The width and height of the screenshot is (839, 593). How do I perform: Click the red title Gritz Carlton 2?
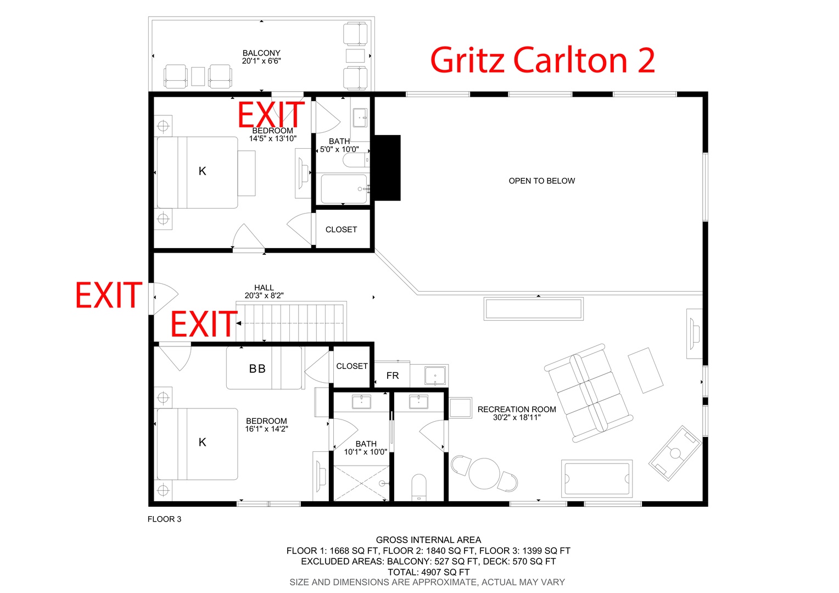[542, 60]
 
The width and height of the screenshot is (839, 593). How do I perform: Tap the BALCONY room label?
[261, 53]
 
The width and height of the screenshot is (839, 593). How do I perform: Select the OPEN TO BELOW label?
[541, 181]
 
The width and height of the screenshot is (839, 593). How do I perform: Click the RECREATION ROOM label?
[517, 410]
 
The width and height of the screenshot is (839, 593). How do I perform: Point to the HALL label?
[264, 288]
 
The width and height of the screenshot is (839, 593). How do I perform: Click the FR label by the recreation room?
[393, 376]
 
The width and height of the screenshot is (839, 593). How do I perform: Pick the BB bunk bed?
[264, 368]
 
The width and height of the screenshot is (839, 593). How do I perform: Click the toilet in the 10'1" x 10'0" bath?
[419, 487]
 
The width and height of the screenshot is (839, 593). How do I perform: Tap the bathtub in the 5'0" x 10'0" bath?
[344, 189]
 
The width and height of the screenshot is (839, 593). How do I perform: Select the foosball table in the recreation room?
[675, 454]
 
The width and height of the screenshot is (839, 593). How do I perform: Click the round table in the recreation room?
[484, 473]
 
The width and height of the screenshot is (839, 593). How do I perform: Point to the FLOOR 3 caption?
[164, 519]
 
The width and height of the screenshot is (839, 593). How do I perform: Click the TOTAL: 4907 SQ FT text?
[428, 572]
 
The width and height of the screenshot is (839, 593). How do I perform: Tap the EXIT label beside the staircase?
[204, 324]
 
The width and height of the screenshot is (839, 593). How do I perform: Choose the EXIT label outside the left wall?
[109, 295]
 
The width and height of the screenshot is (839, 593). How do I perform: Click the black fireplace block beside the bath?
[387, 168]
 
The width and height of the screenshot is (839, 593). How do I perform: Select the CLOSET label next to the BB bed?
[352, 366]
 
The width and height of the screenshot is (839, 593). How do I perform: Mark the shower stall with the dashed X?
[361, 483]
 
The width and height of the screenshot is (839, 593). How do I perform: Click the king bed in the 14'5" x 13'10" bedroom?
[197, 172]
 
